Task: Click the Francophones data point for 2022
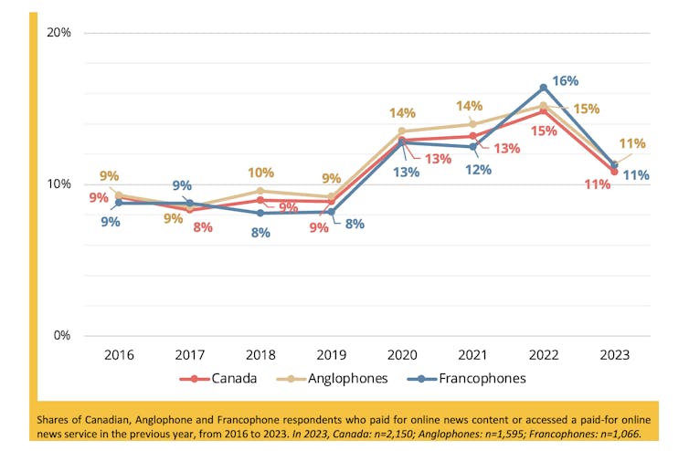544,88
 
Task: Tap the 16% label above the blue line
566,81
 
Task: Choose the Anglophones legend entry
339,378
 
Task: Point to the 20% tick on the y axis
58,33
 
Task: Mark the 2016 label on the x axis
119,354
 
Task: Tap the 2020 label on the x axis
402,354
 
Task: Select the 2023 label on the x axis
614,354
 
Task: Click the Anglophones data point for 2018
260,191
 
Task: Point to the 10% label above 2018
260,173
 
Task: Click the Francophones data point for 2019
332,212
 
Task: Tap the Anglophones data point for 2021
473,124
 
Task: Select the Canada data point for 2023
614,172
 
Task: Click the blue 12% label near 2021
477,169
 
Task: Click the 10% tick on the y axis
58,184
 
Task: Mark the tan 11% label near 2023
632,143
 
